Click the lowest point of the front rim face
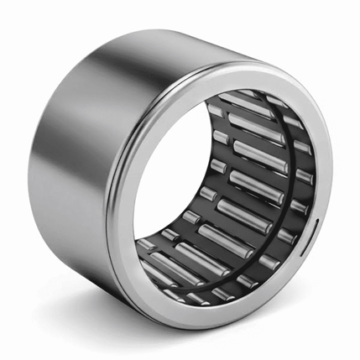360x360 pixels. pyautogui.click(x=215, y=326)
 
